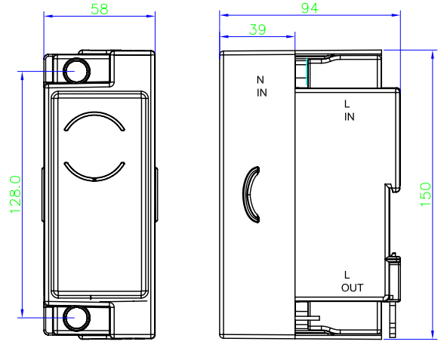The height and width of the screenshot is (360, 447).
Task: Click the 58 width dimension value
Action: point(100,9)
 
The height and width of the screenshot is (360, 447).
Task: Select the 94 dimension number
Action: point(310,8)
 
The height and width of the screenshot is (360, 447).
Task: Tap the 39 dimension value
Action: point(257,29)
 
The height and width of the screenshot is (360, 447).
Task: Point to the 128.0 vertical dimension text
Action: point(16,195)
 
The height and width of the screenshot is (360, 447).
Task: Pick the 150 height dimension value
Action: point(425,195)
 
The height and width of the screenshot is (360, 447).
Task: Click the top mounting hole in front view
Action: point(76,71)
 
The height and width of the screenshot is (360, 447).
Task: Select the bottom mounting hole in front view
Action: point(76,318)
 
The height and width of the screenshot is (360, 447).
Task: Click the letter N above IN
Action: point(260,80)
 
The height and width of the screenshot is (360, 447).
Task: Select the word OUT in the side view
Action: point(353,288)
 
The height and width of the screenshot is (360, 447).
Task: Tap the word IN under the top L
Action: point(350,117)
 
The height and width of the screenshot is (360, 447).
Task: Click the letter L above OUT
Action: point(347,275)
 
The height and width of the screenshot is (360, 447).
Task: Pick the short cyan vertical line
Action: point(307,72)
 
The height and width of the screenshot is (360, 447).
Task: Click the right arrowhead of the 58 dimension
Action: point(151,16)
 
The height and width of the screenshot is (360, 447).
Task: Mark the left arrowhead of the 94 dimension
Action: point(224,15)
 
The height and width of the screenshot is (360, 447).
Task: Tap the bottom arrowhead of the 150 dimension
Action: point(433,334)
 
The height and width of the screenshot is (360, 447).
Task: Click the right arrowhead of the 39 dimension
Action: point(291,36)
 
